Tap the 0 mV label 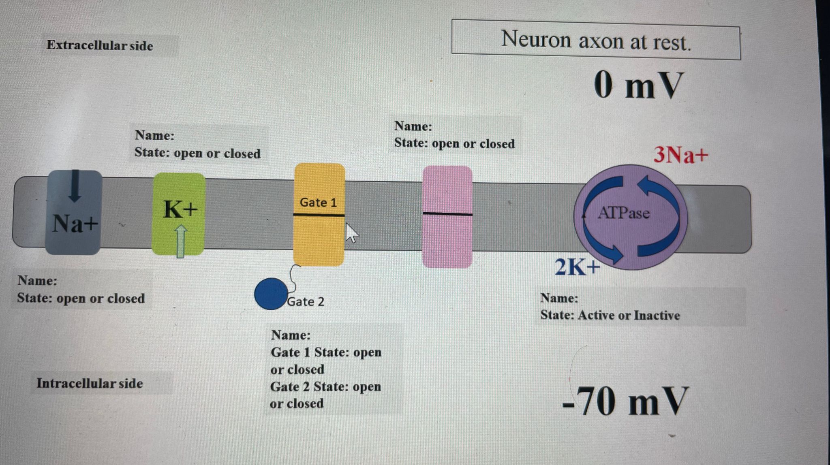pyautogui.click(x=638, y=86)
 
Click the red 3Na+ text pyautogui.click(x=680, y=155)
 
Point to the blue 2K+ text pyautogui.click(x=577, y=267)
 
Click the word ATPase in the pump pyautogui.click(x=623, y=213)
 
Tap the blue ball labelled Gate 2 pyautogui.click(x=271, y=294)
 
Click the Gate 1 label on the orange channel pyautogui.click(x=318, y=203)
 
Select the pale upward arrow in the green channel pyautogui.click(x=181, y=241)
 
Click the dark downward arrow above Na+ pyautogui.click(x=74, y=186)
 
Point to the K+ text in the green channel pyautogui.click(x=180, y=210)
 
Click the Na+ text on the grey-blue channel pyautogui.click(x=75, y=224)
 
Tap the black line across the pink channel pyautogui.click(x=447, y=213)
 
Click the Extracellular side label pyautogui.click(x=100, y=45)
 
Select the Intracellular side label pyautogui.click(x=90, y=384)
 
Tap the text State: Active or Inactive pyautogui.click(x=610, y=316)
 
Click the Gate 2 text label pyautogui.click(x=306, y=302)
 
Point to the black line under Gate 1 pyautogui.click(x=319, y=215)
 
